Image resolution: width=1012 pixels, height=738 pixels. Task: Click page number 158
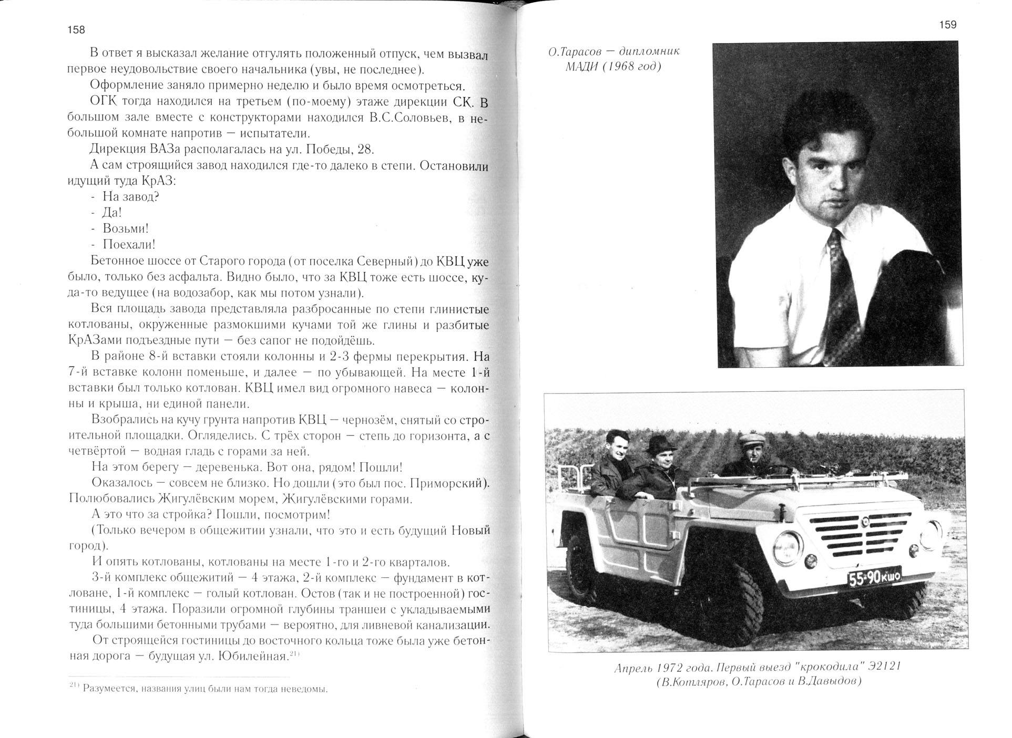(76, 30)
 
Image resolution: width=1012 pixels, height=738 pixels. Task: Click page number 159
(947, 25)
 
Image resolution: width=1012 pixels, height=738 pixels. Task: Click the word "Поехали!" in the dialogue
(129, 244)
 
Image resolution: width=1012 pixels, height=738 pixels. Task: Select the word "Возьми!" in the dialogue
(126, 228)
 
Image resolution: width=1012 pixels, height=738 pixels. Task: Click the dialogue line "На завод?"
(131, 197)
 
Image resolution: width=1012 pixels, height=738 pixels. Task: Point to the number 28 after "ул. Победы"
(365, 149)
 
